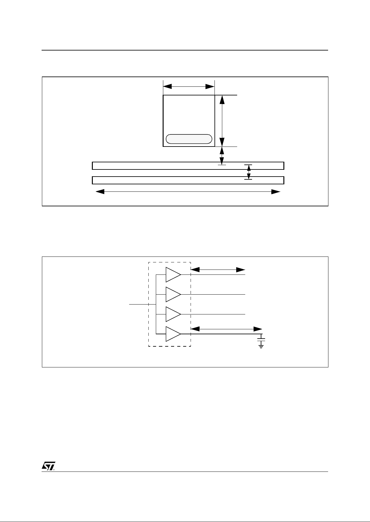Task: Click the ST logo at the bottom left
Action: pos(48,467)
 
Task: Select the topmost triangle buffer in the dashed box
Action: pos(172,274)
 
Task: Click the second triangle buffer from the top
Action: pos(172,294)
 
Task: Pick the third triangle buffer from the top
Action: pos(172,314)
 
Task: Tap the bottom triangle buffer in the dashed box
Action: pos(172,334)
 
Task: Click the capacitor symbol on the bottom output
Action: pos(261,340)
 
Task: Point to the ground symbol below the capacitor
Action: pos(261,346)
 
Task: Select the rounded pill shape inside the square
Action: pos(189,139)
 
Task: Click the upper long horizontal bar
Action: pos(188,166)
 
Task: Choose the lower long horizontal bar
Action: pos(188,180)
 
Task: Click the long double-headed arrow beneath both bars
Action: pos(188,192)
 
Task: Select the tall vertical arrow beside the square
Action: pos(222,121)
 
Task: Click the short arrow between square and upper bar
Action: pos(222,156)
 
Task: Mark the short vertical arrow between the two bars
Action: pos(248,172)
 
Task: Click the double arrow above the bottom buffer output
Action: pos(226,329)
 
